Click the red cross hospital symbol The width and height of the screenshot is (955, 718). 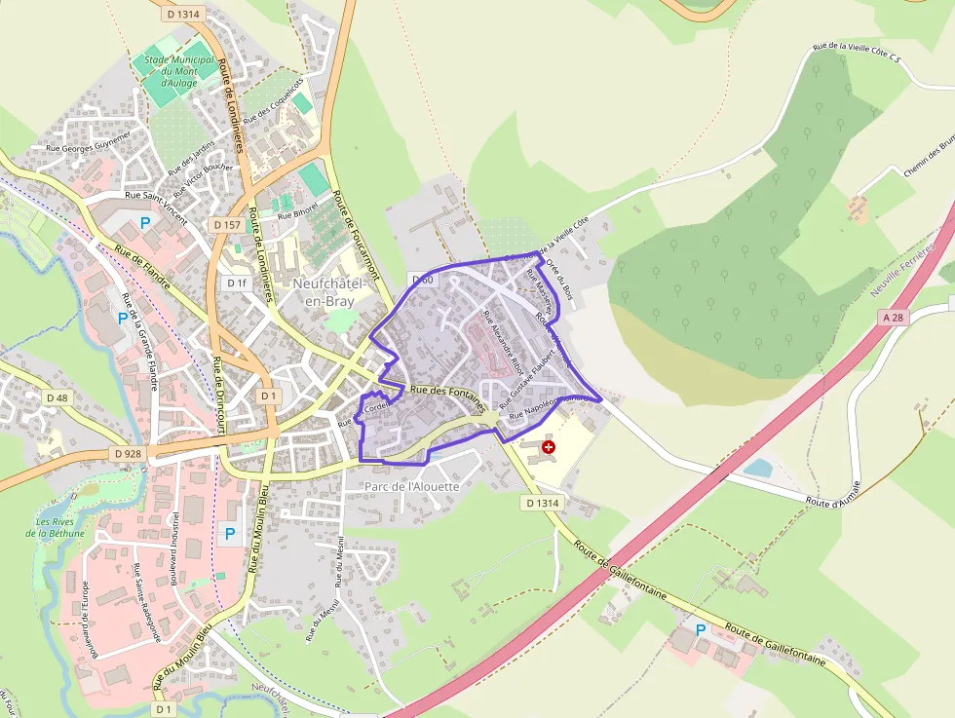549,447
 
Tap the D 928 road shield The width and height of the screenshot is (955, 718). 127,454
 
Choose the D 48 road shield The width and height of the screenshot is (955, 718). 57,397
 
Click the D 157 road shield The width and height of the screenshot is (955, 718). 225,224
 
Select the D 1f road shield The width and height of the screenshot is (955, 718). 237,283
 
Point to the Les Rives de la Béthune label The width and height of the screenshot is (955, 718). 60,527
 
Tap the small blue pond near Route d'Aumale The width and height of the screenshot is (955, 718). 758,468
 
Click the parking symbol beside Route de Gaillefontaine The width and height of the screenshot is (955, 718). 701,630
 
